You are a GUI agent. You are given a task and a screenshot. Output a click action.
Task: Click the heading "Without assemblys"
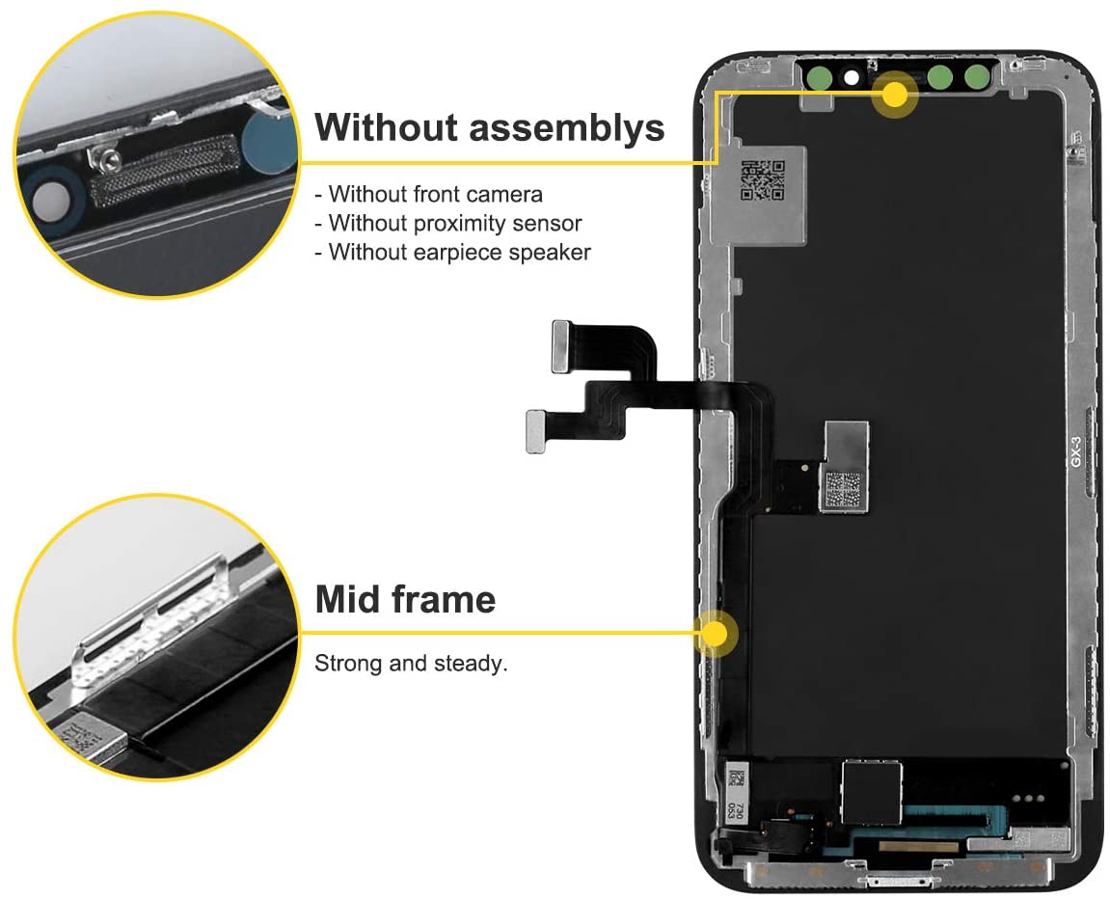[x=490, y=127]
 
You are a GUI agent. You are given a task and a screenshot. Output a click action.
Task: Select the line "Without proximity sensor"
[x=448, y=223]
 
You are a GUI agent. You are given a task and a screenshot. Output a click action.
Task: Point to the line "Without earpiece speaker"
[x=452, y=252]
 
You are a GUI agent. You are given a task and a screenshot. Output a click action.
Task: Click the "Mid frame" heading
[x=406, y=600]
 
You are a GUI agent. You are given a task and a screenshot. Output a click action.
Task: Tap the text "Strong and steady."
[x=411, y=664]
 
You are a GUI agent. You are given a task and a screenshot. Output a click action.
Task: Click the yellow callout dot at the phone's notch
[x=896, y=94]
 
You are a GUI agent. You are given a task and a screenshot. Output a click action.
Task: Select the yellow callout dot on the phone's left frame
[x=717, y=634]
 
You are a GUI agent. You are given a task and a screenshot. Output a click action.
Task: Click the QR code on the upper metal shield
[x=763, y=180]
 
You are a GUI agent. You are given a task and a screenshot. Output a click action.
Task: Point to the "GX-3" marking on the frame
[x=1076, y=451]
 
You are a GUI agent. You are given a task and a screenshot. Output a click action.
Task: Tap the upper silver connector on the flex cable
[x=561, y=346]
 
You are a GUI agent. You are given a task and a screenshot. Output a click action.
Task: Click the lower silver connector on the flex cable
[x=536, y=431]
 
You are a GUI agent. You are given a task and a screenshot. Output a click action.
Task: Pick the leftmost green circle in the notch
[x=820, y=77]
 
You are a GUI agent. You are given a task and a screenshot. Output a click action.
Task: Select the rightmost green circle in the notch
[x=977, y=76]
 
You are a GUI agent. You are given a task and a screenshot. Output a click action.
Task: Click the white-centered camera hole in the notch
[x=852, y=77]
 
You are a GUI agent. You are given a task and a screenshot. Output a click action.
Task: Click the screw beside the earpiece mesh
[x=109, y=161]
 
